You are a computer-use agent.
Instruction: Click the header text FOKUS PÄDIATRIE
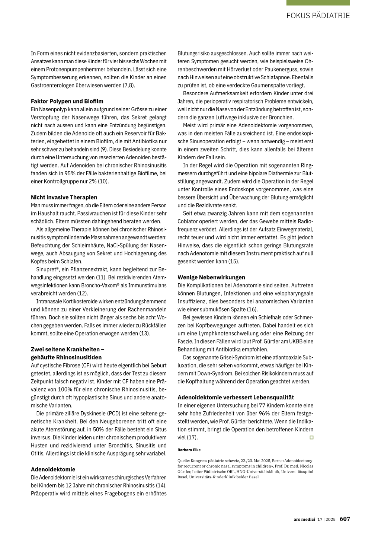(318, 16)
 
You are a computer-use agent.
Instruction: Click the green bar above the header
(318, 3)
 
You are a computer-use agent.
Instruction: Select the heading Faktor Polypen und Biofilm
(67, 101)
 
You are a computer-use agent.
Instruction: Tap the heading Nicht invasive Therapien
(64, 197)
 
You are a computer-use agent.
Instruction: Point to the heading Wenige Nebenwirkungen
(211, 277)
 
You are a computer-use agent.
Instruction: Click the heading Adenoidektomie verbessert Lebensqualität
(236, 398)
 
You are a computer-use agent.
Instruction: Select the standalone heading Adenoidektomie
(53, 469)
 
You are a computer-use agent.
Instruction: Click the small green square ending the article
(312, 437)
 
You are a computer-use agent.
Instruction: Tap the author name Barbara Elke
(189, 450)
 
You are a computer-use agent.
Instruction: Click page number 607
(345, 519)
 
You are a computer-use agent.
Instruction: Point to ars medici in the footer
(304, 519)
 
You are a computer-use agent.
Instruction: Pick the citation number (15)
(234, 261)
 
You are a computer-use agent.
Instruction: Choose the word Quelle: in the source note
(183, 461)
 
